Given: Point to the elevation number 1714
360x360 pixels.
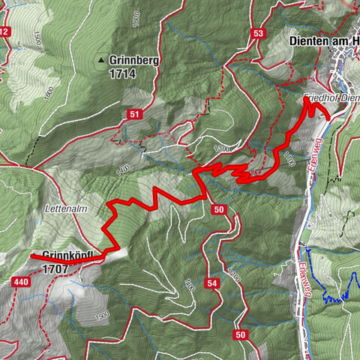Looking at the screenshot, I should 125,75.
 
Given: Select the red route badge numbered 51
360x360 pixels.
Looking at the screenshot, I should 134,114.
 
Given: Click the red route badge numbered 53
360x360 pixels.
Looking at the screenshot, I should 259,33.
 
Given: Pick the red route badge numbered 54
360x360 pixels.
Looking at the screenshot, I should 212,283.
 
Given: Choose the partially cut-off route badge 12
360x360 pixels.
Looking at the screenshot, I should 4,31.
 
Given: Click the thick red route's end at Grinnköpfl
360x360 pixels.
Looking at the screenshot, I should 31,257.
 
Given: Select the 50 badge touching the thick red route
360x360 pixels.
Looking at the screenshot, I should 218,208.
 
